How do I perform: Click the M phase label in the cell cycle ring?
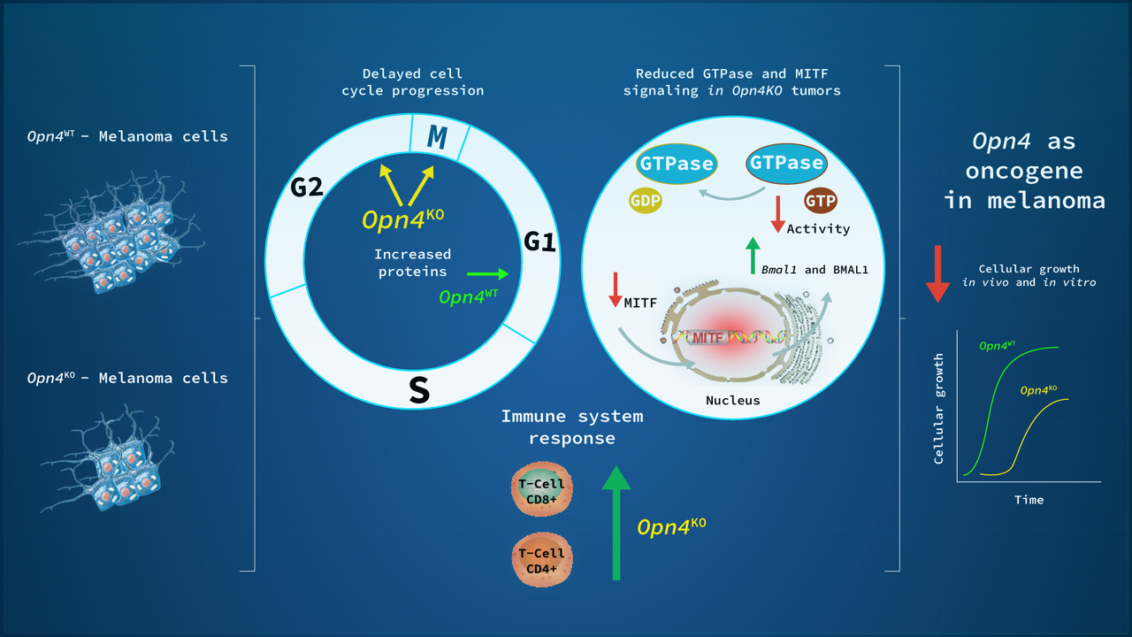[x=436, y=137]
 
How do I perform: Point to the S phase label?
[x=419, y=390]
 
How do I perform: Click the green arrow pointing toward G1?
[x=487, y=274]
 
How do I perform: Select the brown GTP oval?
[x=820, y=200]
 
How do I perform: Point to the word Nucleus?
[x=732, y=400]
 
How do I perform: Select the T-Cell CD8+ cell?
[x=541, y=487]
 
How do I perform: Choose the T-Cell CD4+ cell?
[x=541, y=561]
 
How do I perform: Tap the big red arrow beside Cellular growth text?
[x=937, y=273]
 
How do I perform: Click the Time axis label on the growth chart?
[x=1029, y=500]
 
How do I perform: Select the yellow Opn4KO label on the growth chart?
[x=1040, y=390]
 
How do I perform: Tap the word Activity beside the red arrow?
[x=818, y=228]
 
